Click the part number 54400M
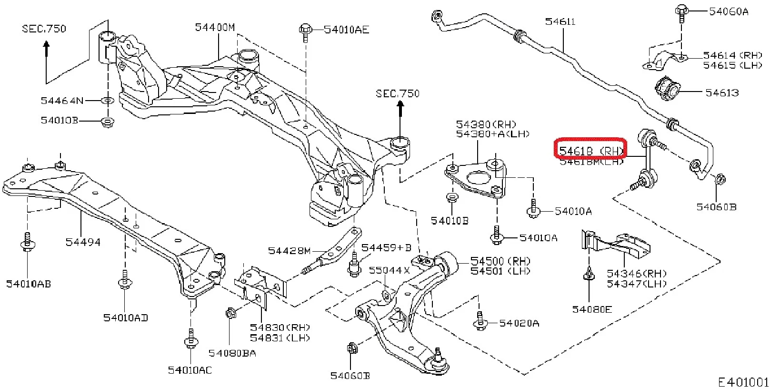click(x=215, y=28)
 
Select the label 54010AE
click(x=346, y=30)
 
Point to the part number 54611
click(x=560, y=21)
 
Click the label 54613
click(x=722, y=92)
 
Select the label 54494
click(x=83, y=242)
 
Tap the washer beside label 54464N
click(x=108, y=101)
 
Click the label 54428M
click(x=289, y=251)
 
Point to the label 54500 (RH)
click(x=500, y=261)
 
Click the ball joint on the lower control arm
click(x=438, y=361)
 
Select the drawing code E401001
click(x=743, y=382)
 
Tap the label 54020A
click(x=519, y=323)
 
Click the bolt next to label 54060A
click(x=681, y=12)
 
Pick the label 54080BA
click(x=232, y=353)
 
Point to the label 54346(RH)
click(x=637, y=274)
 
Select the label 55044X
click(x=389, y=270)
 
